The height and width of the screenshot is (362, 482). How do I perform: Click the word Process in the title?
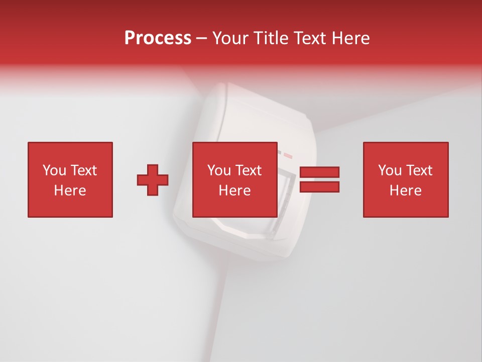point(158,38)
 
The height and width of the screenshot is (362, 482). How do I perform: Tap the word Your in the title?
point(229,38)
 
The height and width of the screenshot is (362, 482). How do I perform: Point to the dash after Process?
point(202,38)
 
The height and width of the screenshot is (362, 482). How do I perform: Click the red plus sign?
point(153,180)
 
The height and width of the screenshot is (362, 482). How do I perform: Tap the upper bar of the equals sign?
point(320,172)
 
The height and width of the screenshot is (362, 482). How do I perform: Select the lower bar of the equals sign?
point(320,187)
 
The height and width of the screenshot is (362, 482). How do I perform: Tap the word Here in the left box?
point(70,191)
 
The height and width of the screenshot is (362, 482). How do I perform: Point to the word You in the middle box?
point(219,170)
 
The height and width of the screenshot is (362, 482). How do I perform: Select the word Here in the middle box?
point(235,191)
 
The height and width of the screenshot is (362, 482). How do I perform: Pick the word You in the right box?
point(390,170)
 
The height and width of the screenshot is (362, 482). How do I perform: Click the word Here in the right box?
point(405,191)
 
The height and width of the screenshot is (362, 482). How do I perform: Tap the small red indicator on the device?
point(287,153)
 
